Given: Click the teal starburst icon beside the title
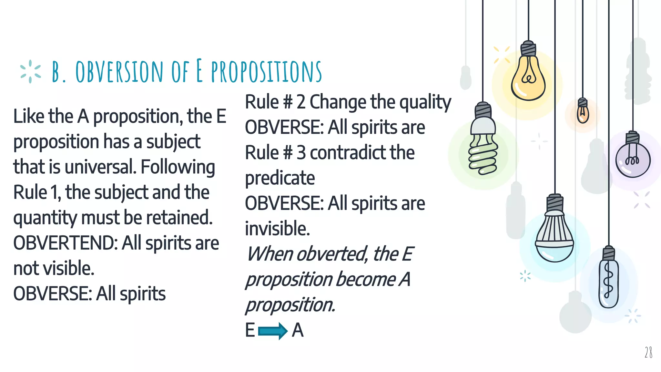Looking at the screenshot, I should click(30, 71).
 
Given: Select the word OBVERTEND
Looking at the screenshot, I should click(66, 243).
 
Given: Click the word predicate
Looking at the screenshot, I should click(280, 178).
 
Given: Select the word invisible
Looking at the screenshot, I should click(277, 229).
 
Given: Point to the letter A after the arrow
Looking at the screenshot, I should click(298, 331).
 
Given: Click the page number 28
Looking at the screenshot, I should click(648, 352).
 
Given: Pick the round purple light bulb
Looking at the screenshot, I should click(632, 158).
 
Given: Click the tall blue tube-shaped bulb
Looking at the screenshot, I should click(609, 281).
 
